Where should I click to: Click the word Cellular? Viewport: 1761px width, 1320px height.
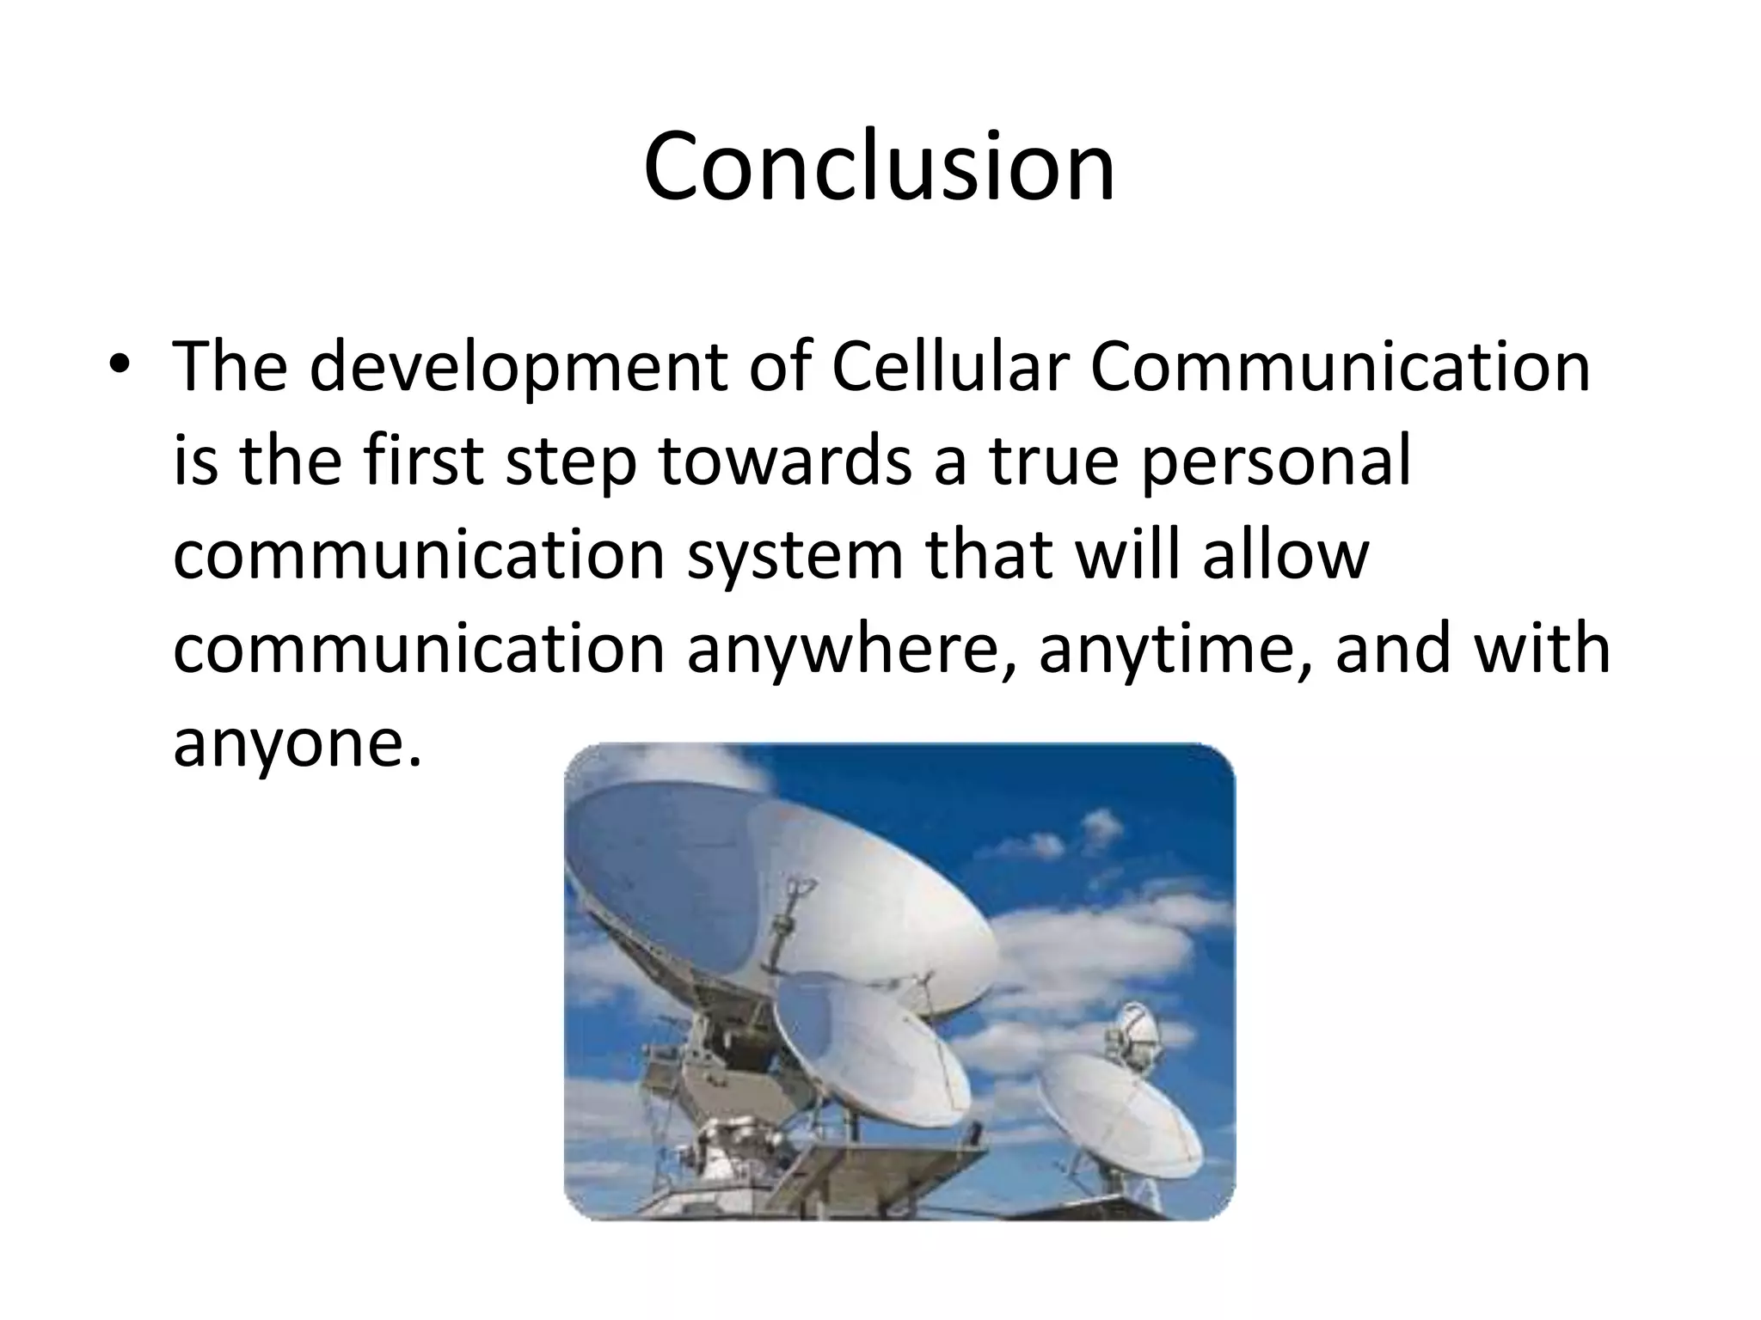point(950,367)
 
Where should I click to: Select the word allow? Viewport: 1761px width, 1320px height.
point(1285,554)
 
